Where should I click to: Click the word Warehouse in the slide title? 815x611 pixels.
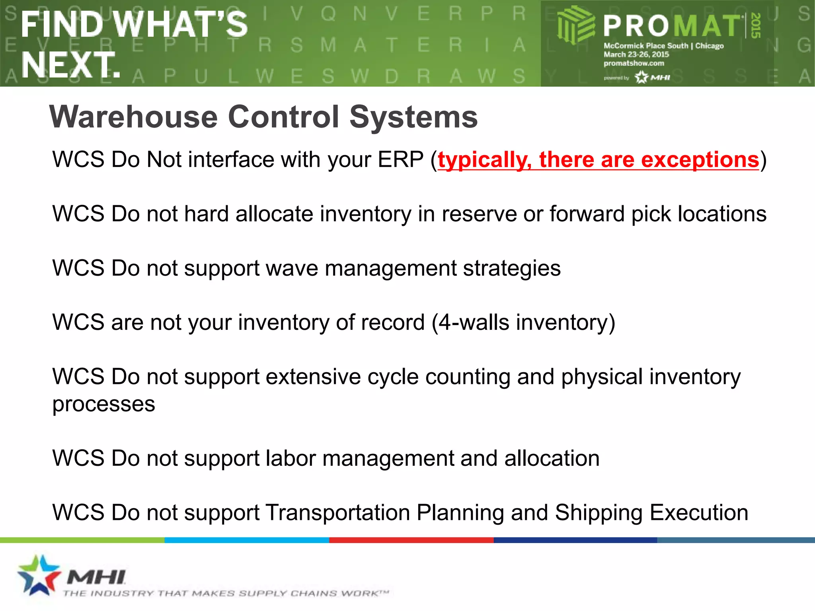(134, 117)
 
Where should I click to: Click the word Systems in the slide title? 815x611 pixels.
(413, 118)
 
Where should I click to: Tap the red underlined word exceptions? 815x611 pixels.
(700, 160)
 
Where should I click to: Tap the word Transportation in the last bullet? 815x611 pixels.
(337, 513)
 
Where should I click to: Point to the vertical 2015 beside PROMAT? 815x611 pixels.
(756, 25)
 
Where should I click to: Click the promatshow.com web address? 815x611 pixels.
(634, 63)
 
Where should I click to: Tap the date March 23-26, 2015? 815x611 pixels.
(636, 54)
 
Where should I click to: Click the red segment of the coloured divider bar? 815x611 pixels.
(411, 540)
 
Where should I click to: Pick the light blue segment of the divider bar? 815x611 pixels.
(247, 540)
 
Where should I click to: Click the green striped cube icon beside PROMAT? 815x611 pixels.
(575, 25)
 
